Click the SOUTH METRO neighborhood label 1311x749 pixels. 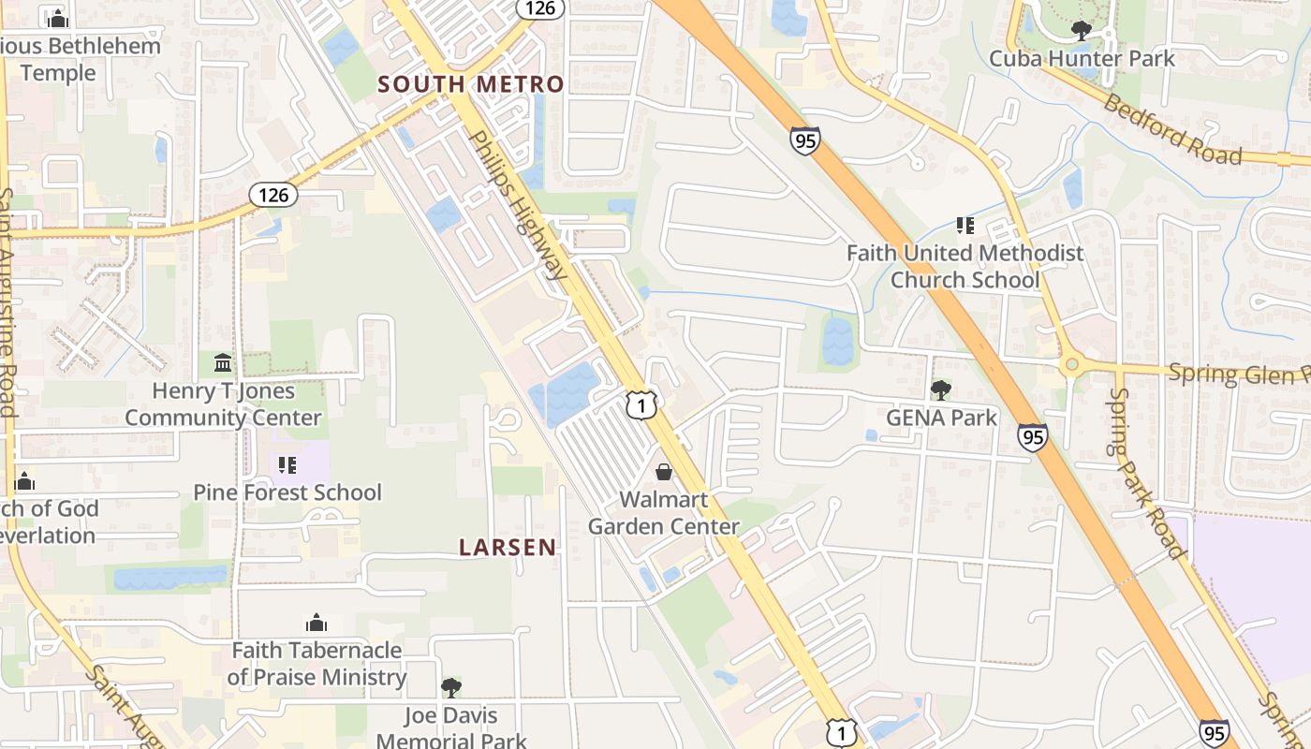[x=471, y=84]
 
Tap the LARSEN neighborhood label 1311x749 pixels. [x=508, y=548]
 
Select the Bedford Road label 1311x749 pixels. [x=1171, y=128]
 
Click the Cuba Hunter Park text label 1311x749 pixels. [x=1082, y=58]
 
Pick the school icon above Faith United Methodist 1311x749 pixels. [x=965, y=226]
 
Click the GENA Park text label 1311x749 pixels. [x=941, y=418]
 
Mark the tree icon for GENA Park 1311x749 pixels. [x=940, y=390]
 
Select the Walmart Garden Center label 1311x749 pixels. [x=664, y=513]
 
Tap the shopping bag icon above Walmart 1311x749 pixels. [x=664, y=471]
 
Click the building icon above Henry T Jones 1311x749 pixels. [x=223, y=362]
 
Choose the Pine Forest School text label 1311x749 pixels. [x=287, y=492]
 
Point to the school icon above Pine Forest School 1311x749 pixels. [x=287, y=464]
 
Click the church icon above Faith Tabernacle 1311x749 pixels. [x=317, y=623]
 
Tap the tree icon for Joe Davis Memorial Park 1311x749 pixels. [x=451, y=688]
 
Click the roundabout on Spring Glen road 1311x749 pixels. [x=1071, y=364]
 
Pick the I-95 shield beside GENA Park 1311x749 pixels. [x=1033, y=437]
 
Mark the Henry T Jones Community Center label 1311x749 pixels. [x=223, y=404]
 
